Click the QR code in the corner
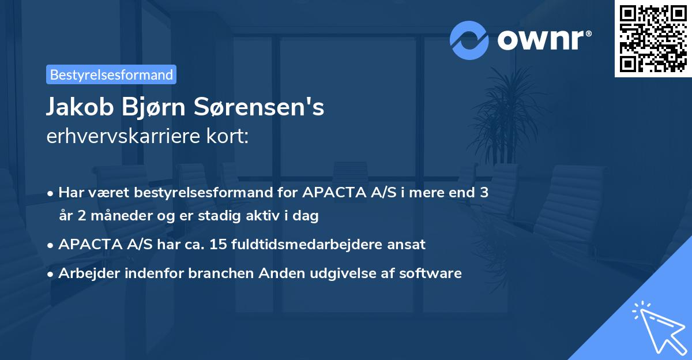(653, 39)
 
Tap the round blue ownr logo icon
(469, 40)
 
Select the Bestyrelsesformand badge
(111, 74)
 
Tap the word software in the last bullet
(434, 273)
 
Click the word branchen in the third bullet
(216, 273)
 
